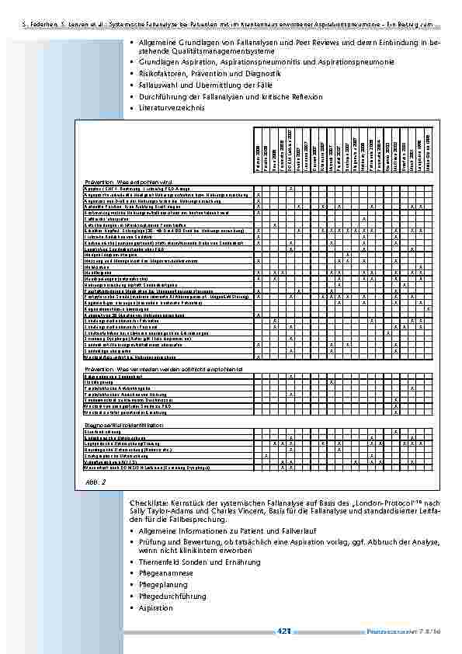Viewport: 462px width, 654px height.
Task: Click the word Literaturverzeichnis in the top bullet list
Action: click(x=172, y=108)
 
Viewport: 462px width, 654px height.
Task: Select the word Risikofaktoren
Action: click(x=163, y=73)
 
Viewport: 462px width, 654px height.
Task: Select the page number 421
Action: click(x=284, y=632)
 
